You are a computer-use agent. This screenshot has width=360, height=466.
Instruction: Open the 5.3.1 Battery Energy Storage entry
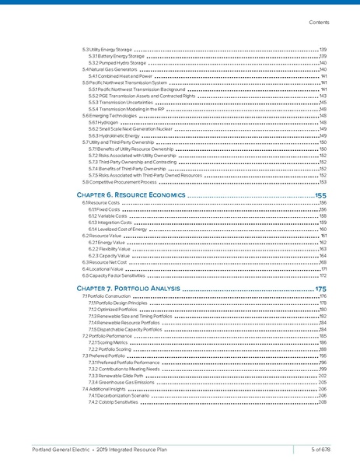click(116, 56)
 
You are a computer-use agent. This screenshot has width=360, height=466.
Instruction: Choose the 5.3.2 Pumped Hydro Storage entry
click(115, 63)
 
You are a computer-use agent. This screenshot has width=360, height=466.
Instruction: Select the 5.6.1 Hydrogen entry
click(103, 123)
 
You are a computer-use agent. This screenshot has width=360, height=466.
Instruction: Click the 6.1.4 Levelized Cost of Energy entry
click(119, 229)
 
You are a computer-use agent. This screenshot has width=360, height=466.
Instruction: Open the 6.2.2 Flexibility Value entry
click(110, 249)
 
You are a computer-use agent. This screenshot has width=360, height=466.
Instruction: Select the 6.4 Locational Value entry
click(102, 269)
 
